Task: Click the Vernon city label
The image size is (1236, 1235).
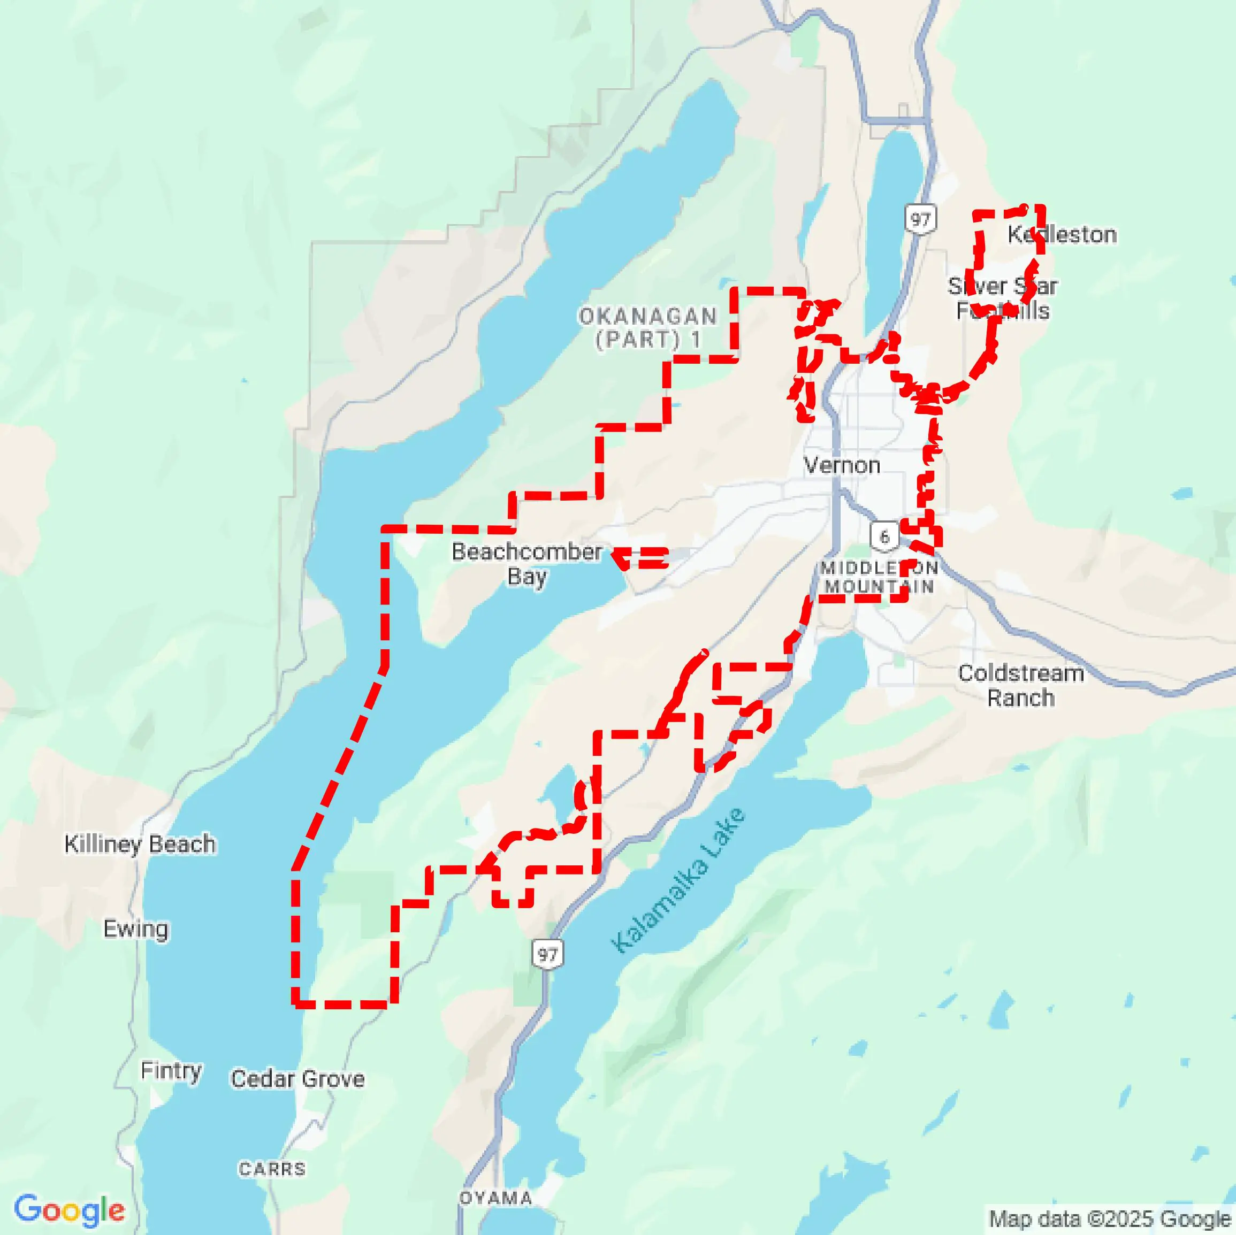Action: pyautogui.click(x=841, y=466)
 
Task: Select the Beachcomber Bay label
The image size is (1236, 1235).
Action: pyautogui.click(x=527, y=563)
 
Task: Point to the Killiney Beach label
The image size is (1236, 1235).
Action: pyautogui.click(x=140, y=843)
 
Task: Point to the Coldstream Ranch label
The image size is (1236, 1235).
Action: pyautogui.click(x=1020, y=685)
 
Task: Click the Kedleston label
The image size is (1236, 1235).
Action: pyautogui.click(x=1062, y=235)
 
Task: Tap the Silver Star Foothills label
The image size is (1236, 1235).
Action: pyautogui.click(x=1003, y=298)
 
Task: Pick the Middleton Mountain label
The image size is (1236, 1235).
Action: pyautogui.click(x=880, y=577)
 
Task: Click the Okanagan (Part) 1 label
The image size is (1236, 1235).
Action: pyautogui.click(x=648, y=327)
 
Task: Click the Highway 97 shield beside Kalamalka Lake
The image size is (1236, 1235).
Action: pyautogui.click(x=547, y=954)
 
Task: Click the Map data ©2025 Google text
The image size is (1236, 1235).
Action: pyautogui.click(x=1110, y=1218)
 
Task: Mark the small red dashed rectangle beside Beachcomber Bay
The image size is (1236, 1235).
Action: pyautogui.click(x=642, y=558)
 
